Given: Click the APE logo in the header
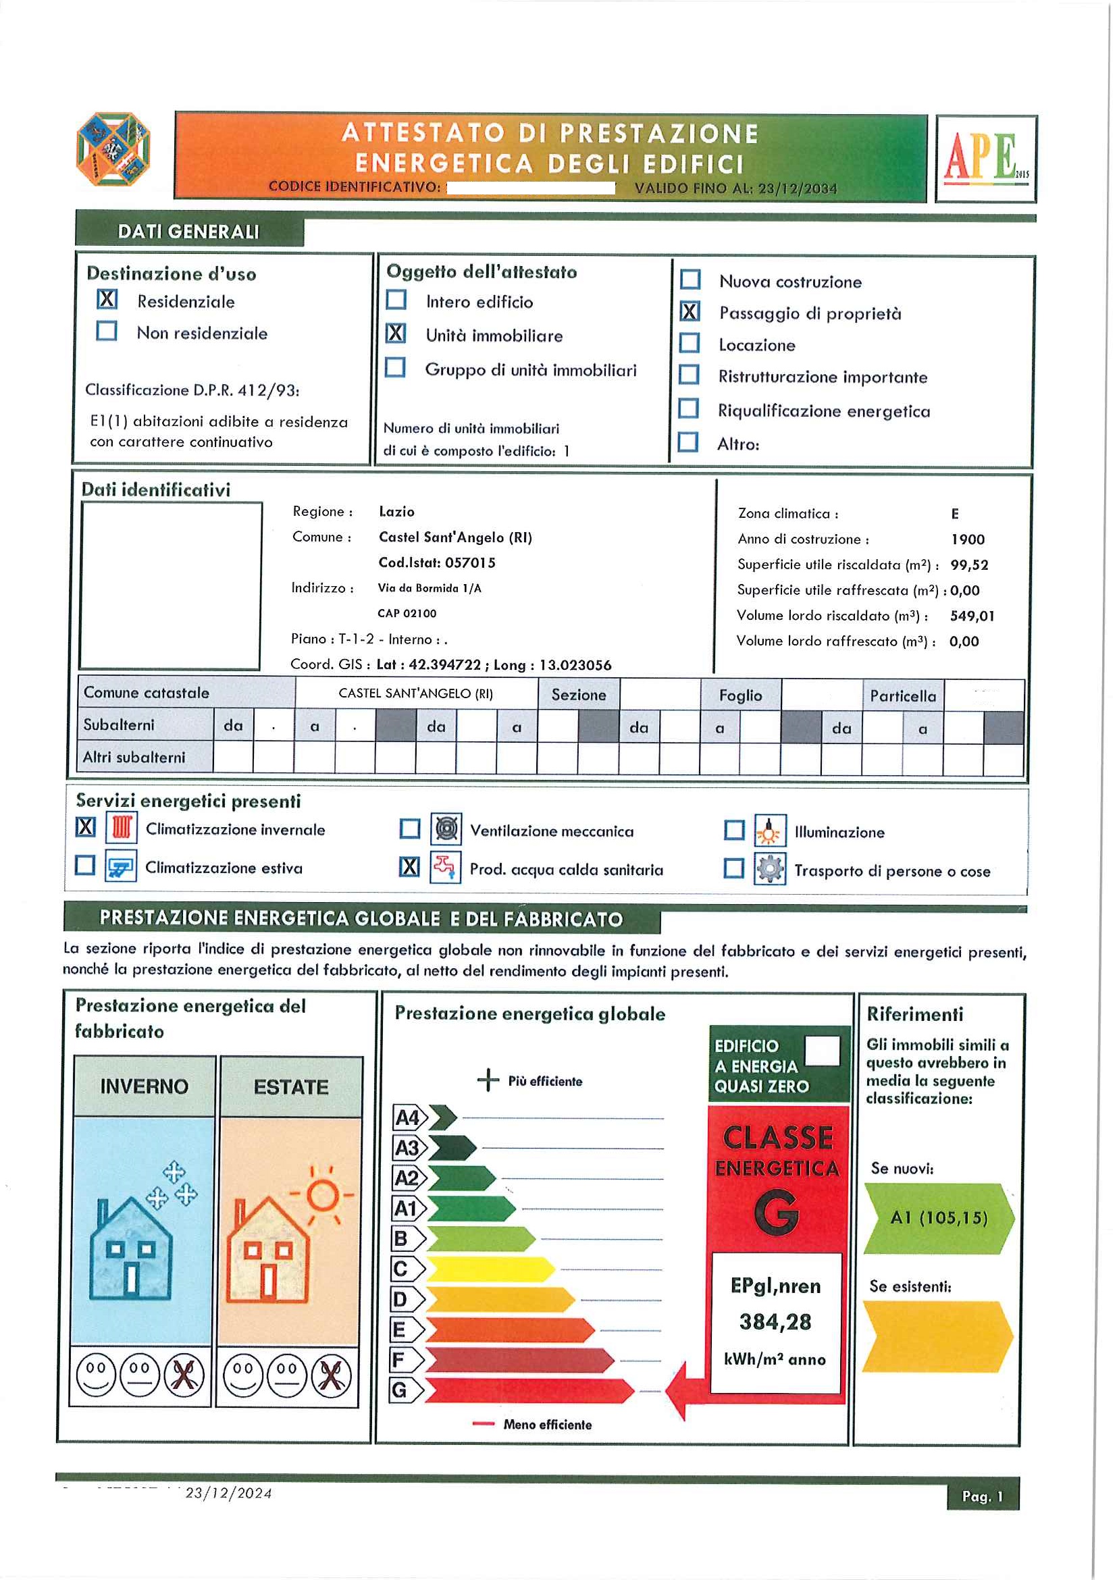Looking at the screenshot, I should (985, 158).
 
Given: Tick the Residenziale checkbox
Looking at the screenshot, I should (107, 299).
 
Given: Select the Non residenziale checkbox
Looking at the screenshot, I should (107, 331).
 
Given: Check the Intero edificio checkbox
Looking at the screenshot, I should (396, 300).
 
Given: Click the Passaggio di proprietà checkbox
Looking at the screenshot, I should (690, 312).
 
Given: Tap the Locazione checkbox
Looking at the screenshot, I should (689, 343).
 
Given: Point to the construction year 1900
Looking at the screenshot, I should (968, 539).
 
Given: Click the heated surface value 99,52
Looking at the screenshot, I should (969, 565).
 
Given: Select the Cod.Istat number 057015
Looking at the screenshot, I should (470, 563).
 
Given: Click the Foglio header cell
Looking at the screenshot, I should (741, 695).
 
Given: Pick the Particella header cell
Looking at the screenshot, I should (902, 696).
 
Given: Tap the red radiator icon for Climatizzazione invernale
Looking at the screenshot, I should (122, 827).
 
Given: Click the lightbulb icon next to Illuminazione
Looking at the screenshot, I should (769, 831).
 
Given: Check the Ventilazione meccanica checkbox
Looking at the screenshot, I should (410, 828).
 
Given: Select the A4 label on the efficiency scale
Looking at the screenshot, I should (407, 1117).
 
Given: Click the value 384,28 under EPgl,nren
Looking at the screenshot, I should (776, 1322).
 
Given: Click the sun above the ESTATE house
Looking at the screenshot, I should (322, 1196).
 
